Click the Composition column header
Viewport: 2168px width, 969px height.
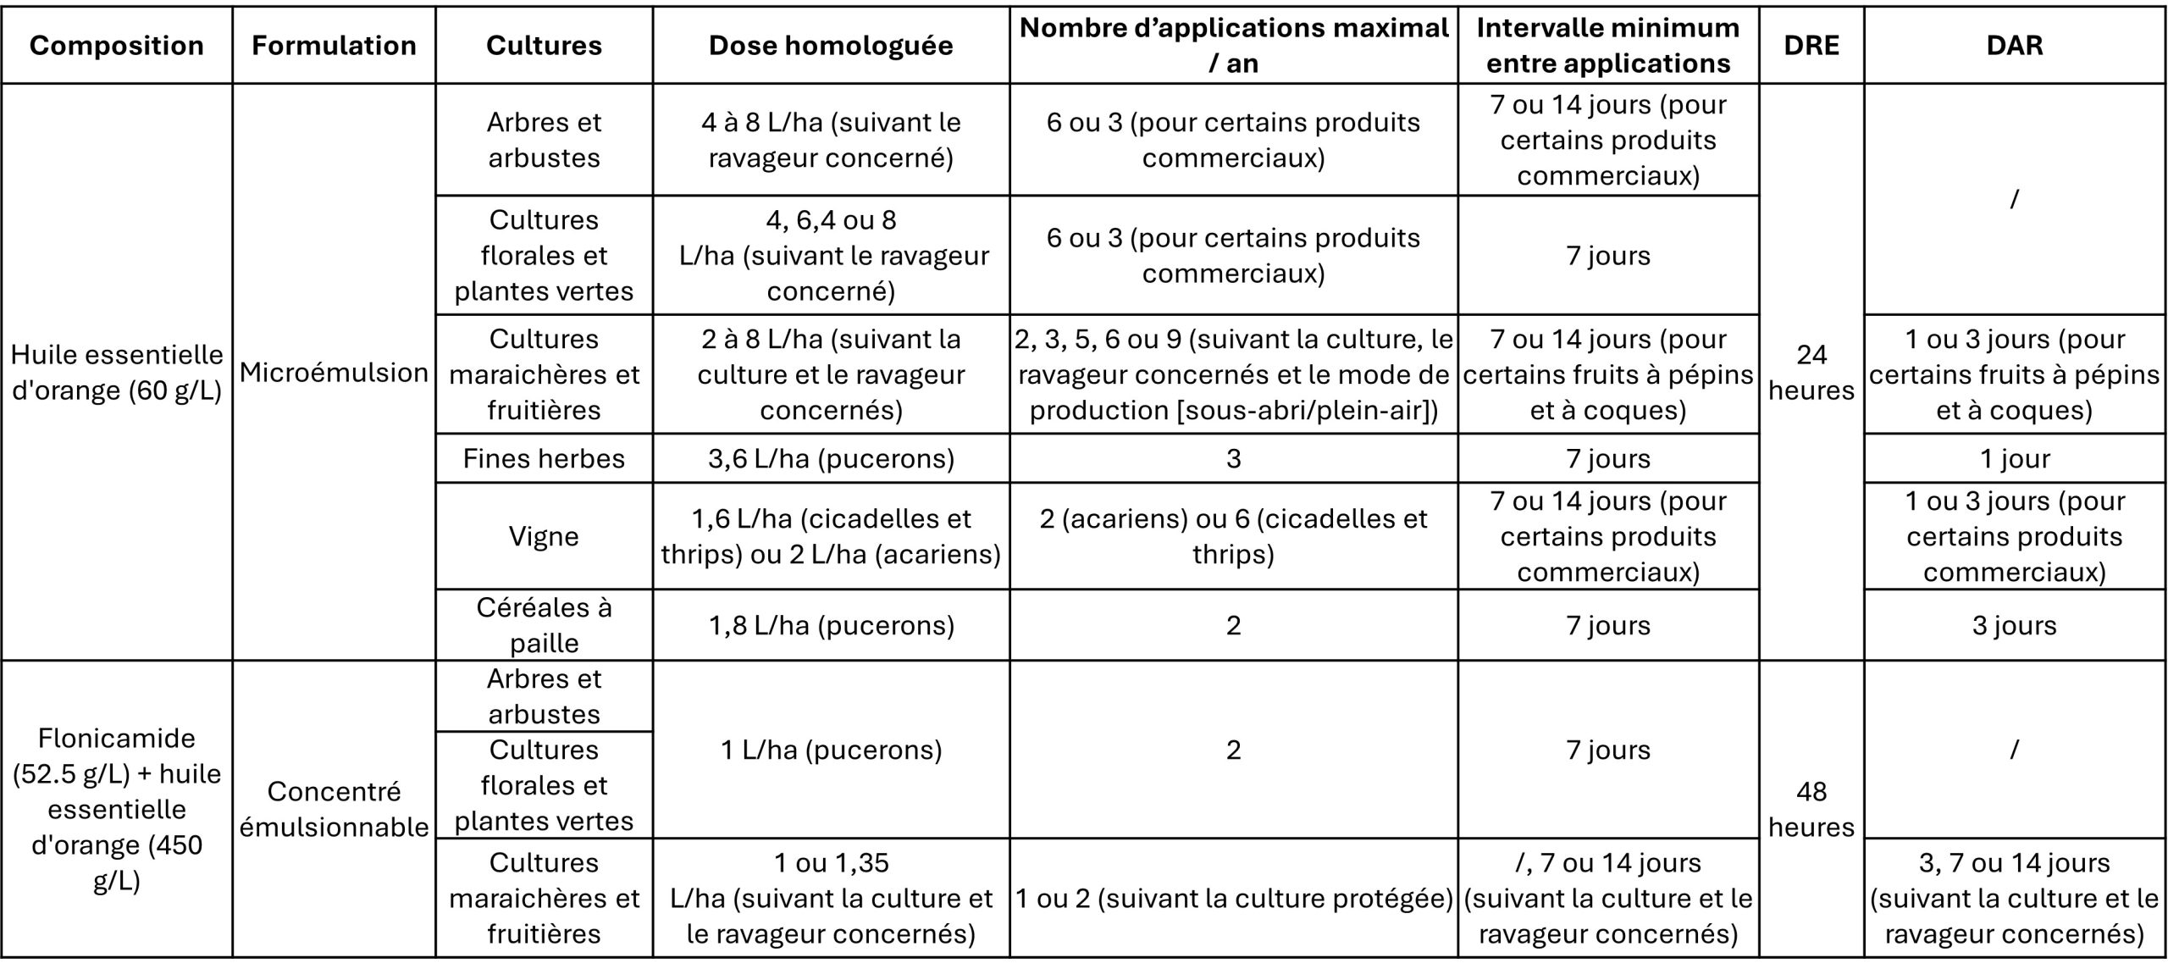117,46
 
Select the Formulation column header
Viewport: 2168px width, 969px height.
334,46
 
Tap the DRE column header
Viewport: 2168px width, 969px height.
1811,46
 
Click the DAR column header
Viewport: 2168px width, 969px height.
2015,46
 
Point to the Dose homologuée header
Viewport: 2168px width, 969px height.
831,46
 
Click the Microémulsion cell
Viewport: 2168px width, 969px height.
334,373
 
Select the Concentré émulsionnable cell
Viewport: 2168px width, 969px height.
334,809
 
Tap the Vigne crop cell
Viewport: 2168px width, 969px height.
544,537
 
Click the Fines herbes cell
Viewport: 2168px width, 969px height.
544,459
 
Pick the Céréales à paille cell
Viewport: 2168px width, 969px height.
544,625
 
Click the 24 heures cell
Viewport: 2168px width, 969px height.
1811,373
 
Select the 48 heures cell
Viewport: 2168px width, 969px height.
1811,809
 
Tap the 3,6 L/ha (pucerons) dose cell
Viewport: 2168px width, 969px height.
831,459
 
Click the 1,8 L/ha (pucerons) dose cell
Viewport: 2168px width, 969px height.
831,625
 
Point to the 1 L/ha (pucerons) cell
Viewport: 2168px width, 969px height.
831,750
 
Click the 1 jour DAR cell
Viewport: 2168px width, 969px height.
2015,459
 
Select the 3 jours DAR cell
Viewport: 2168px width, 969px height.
2015,625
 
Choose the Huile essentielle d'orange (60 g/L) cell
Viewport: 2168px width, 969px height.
117,373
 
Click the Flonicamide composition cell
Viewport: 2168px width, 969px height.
117,809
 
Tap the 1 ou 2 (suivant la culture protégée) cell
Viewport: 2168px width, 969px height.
1233,898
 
